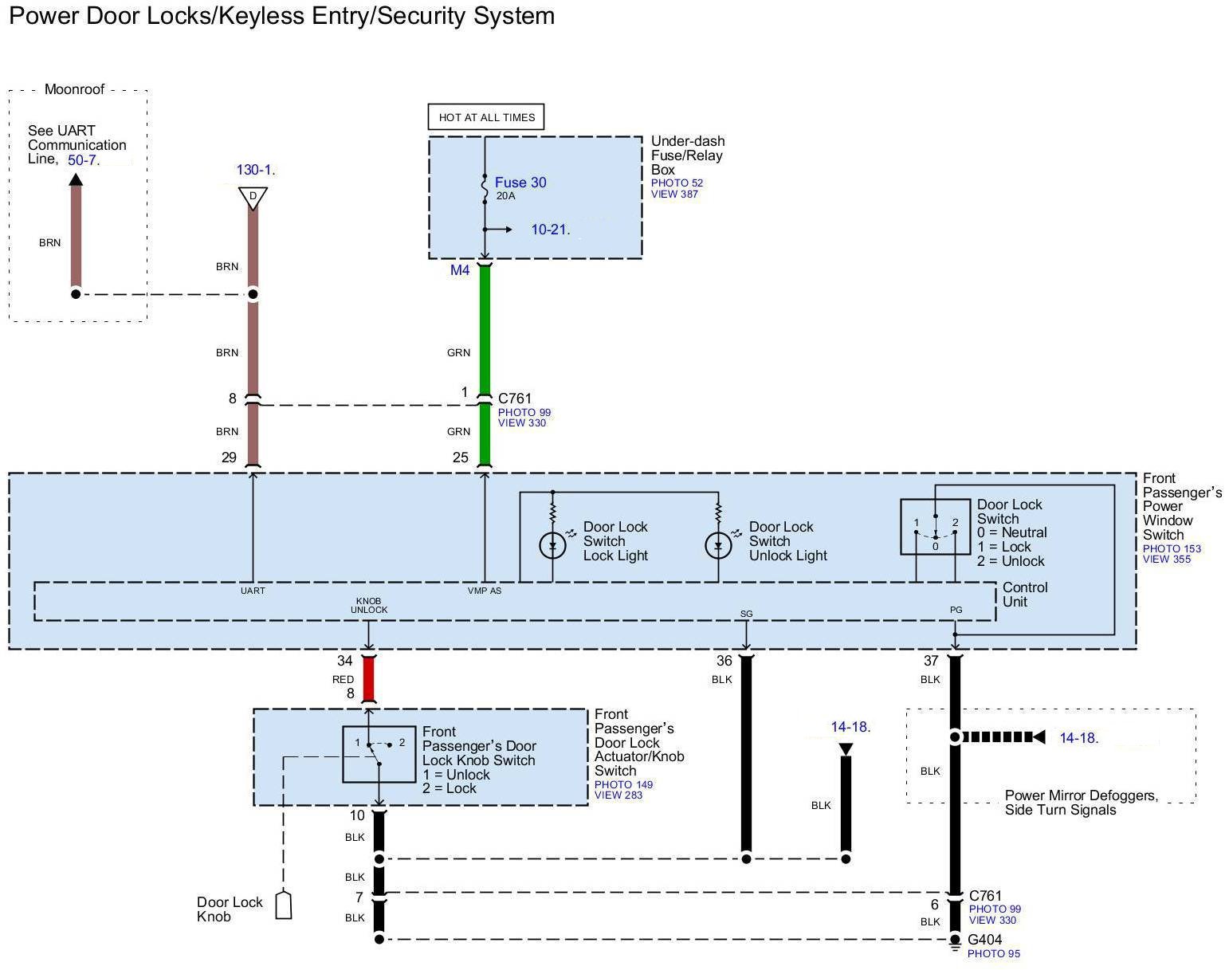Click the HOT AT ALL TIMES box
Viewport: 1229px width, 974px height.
coord(486,117)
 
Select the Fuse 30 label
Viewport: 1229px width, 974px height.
coord(520,183)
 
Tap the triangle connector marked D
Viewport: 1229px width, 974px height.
coord(253,197)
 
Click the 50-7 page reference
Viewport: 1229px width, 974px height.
coord(82,160)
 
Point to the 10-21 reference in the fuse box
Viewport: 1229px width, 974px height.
coord(549,230)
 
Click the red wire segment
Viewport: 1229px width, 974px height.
coord(368,679)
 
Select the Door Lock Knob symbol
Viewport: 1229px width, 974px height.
coord(283,905)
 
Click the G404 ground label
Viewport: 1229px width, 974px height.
coord(984,940)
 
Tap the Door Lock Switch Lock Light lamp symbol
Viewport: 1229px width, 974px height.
coord(552,546)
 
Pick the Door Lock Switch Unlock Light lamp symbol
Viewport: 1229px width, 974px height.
coord(718,546)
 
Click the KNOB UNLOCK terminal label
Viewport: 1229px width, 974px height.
coord(369,605)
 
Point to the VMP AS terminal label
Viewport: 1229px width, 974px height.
coord(485,591)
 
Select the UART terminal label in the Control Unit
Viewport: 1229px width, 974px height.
coord(253,591)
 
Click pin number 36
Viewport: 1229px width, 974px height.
coord(724,661)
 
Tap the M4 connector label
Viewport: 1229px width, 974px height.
coord(460,270)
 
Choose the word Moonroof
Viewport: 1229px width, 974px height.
coord(74,89)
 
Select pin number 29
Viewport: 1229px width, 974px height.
coord(229,458)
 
